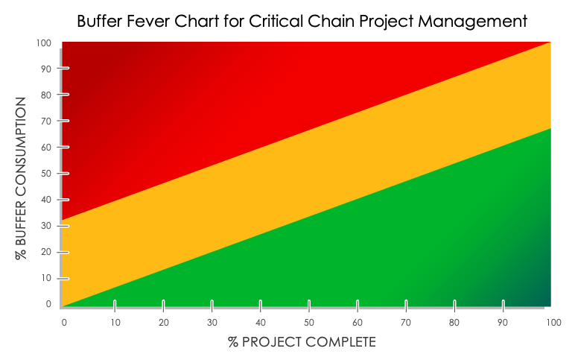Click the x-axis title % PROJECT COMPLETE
click(302, 342)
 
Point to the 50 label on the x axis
click(308, 322)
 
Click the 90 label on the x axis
click(503, 322)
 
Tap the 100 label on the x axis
click(552, 322)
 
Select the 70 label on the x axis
click(406, 322)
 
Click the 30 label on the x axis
click(212, 322)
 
